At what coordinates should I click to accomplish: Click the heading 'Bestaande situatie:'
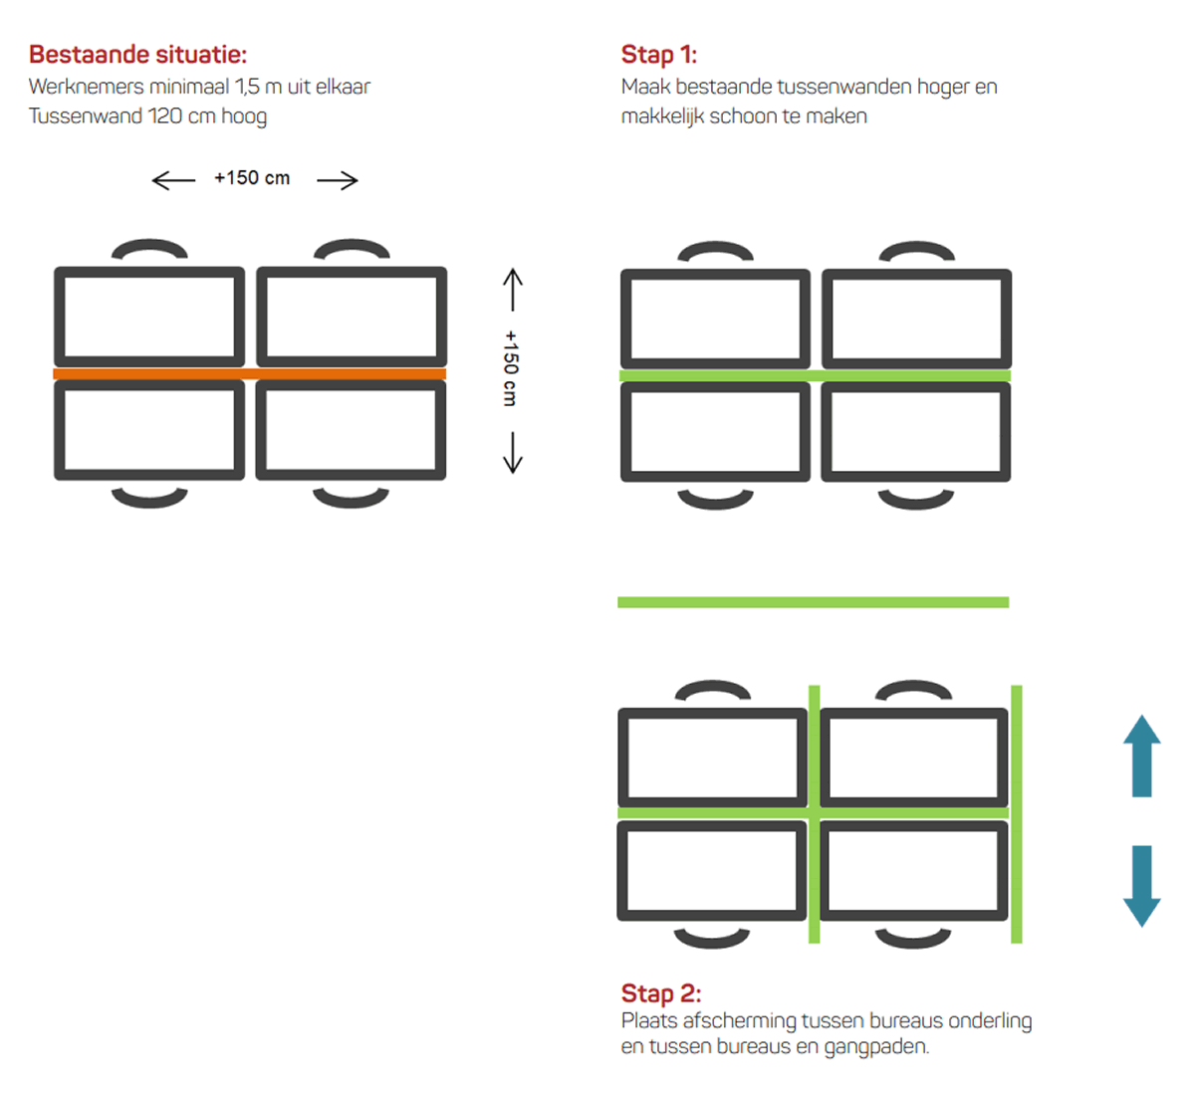(x=137, y=54)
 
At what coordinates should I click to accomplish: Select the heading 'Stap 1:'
(x=659, y=54)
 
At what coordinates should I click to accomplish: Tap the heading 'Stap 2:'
(x=661, y=993)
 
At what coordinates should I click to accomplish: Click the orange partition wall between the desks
(x=250, y=374)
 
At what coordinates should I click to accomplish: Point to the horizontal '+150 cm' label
(x=252, y=177)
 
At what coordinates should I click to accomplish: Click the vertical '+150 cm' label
(x=511, y=368)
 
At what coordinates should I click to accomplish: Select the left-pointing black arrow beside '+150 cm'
(x=173, y=180)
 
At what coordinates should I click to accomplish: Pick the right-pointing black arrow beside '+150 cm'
(x=338, y=180)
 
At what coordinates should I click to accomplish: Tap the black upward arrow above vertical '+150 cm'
(x=513, y=290)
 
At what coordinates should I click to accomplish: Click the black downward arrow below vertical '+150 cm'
(x=513, y=453)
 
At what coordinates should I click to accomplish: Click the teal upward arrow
(x=1141, y=756)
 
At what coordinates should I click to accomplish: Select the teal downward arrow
(x=1141, y=887)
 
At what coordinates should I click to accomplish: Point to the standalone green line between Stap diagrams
(x=814, y=602)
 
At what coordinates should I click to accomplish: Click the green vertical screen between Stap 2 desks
(x=814, y=814)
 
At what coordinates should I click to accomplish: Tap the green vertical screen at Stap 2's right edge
(x=1017, y=814)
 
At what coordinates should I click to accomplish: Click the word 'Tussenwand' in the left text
(x=86, y=115)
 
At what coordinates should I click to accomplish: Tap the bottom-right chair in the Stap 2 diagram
(x=913, y=938)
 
